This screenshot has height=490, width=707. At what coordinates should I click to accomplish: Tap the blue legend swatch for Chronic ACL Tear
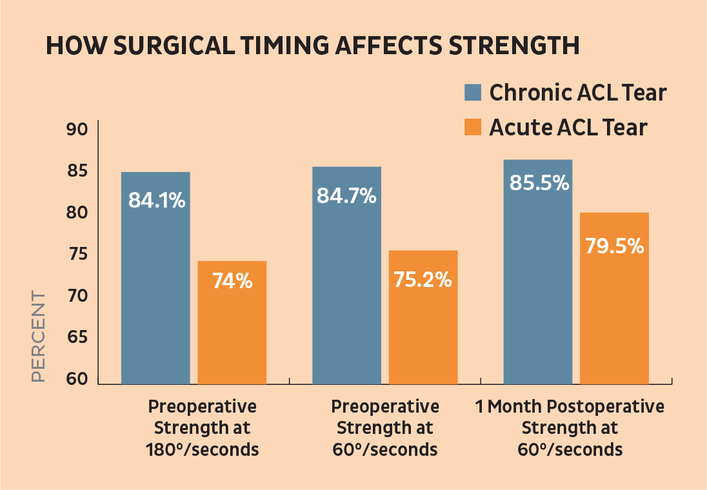pos(473,92)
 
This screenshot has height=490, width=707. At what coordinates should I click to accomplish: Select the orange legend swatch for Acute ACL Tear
pos(473,127)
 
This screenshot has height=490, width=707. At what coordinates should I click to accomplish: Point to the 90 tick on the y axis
pos(77,130)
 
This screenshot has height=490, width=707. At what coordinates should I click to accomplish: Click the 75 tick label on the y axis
pos(77,254)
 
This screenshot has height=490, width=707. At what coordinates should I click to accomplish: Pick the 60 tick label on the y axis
pos(77,379)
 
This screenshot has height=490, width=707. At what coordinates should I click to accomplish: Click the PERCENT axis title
pos(39,337)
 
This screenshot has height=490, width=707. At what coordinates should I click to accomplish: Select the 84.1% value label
pos(157,200)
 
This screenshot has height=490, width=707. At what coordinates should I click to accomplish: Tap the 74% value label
pos(232,281)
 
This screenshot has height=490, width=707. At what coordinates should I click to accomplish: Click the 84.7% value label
pos(346,195)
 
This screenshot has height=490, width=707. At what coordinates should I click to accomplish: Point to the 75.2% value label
pos(423,279)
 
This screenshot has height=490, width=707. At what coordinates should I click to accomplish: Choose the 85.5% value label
pos(539,183)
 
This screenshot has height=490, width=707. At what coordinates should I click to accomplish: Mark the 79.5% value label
pos(615,246)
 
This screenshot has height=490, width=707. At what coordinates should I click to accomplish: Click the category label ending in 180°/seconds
pos(202,428)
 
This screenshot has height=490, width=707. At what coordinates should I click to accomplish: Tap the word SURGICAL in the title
pos(174,46)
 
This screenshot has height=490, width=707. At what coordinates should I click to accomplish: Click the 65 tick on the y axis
pos(77,337)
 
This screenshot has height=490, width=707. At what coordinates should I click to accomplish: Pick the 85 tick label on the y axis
pos(77,171)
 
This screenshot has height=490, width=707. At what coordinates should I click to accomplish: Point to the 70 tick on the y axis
pos(77,296)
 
